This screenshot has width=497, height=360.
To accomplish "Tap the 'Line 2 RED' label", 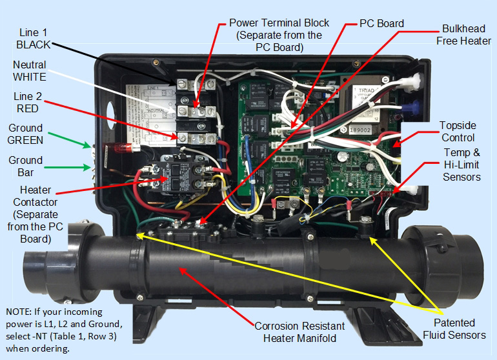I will (28, 103).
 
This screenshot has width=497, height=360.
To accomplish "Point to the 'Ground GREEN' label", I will (26, 134).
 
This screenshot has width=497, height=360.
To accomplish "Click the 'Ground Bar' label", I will (26, 166).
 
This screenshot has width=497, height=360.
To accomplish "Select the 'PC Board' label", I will (381, 24).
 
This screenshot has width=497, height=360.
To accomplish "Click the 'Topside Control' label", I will (458, 131).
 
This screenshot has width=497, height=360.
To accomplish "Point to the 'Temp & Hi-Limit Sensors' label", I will (462, 165).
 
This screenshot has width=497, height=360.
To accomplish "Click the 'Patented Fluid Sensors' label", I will (454, 328).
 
